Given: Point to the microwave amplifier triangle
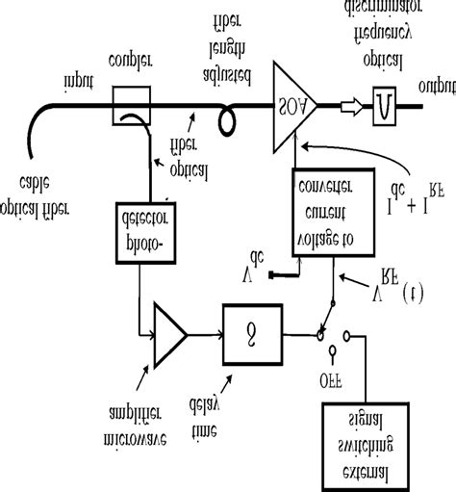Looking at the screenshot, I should [169, 334].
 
